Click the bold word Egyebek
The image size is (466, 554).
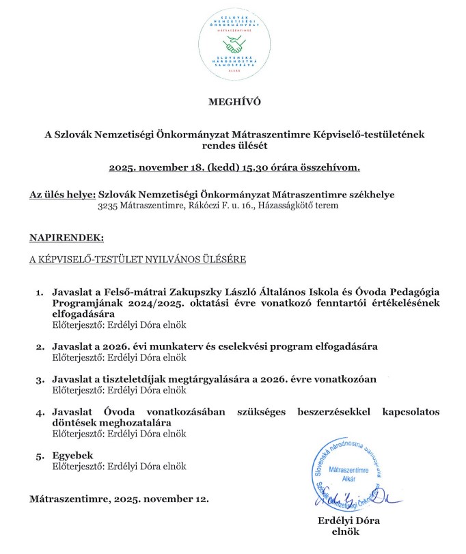(x=72, y=455)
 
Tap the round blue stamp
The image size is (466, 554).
(x=345, y=478)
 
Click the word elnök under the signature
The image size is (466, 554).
(x=345, y=531)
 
